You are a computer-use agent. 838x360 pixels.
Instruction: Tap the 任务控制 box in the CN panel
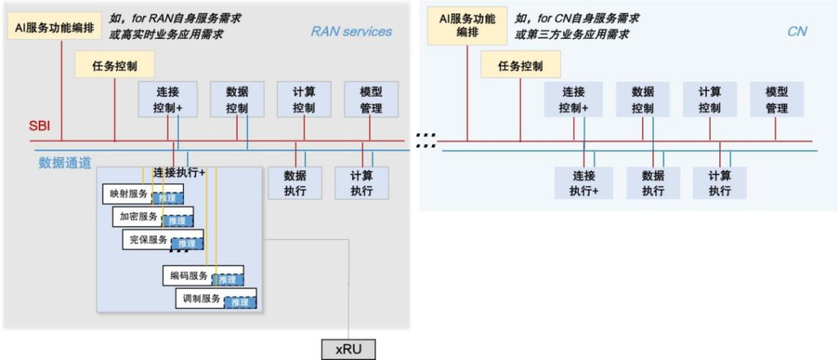521,66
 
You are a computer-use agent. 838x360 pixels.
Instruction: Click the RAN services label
351,32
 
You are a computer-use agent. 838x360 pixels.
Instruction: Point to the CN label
797,32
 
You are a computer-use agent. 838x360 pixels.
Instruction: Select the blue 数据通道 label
65,163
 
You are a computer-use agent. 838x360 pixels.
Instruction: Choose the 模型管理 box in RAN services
371,99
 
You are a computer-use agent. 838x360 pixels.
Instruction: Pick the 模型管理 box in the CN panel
777,99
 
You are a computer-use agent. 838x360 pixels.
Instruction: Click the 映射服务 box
126,193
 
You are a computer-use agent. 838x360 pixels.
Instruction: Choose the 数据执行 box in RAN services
295,183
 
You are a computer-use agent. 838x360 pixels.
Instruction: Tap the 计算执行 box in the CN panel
720,183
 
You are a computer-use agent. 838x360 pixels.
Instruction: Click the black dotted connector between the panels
425,140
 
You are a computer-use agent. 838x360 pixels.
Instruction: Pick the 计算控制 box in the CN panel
709,99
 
